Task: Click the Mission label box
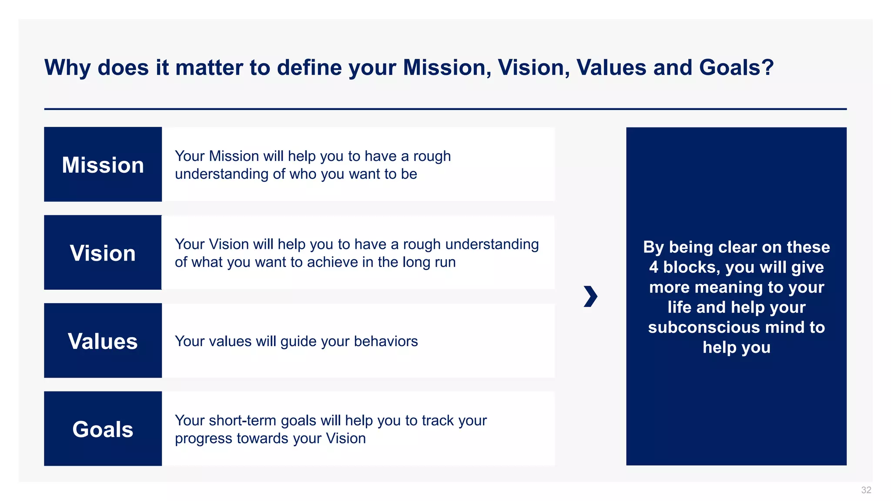[103, 164]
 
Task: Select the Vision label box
[103, 253]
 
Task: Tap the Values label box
[103, 341]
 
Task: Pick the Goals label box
[103, 429]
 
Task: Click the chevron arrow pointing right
[590, 296]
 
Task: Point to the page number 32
[866, 490]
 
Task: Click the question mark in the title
[767, 68]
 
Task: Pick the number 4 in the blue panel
[653, 267]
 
